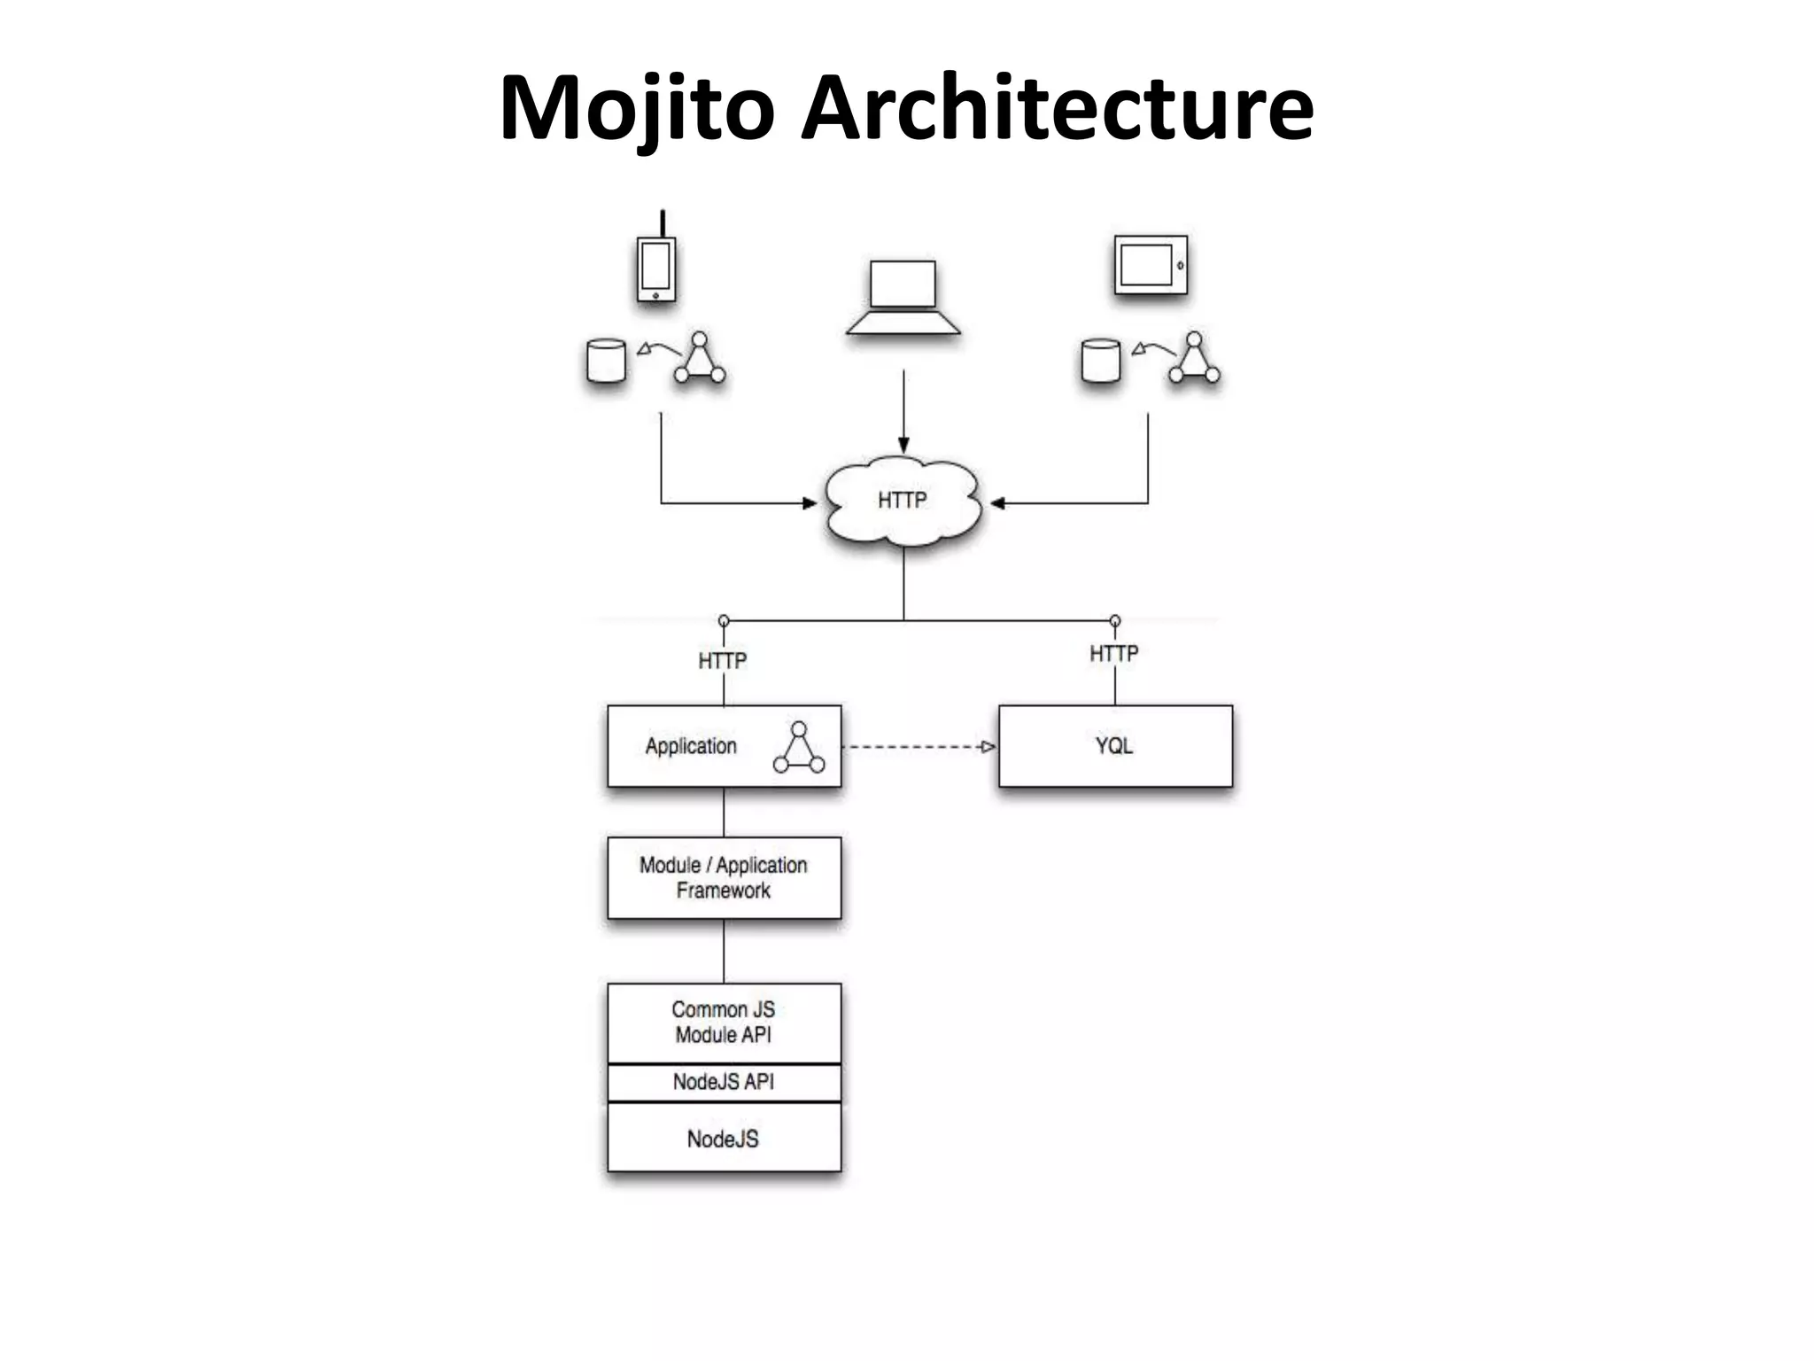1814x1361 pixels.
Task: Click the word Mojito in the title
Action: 637,108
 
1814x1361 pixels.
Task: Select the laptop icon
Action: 903,298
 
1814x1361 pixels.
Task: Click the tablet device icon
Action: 1150,264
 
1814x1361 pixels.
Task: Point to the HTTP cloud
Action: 903,502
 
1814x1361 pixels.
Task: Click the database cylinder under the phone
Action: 607,361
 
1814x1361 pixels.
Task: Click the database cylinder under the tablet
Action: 1101,361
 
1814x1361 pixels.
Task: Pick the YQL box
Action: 1115,746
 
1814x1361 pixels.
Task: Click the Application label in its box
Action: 691,746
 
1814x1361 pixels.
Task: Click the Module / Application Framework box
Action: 724,877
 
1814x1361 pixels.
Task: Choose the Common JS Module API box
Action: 724,1023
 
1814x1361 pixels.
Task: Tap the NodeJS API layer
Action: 724,1082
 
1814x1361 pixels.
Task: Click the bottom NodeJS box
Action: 724,1139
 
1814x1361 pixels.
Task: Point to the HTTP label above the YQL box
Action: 1113,654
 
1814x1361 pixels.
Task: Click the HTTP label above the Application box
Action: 723,661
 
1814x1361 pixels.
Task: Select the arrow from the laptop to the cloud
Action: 903,412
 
